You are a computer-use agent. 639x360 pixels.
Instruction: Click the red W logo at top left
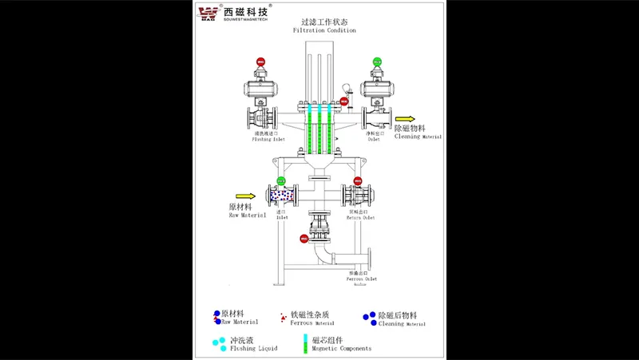(x=209, y=13)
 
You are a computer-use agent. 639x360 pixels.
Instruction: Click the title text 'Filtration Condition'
(x=324, y=30)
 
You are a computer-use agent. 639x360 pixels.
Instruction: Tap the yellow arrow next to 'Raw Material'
(x=246, y=196)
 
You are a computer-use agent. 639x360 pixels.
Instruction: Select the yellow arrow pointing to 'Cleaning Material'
(x=404, y=119)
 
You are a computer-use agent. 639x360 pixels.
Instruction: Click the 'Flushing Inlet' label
(x=268, y=139)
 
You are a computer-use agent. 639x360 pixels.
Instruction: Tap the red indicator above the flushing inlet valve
(x=260, y=62)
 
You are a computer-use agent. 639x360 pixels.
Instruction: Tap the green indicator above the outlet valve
(x=377, y=62)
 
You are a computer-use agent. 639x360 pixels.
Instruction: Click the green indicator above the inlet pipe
(x=280, y=181)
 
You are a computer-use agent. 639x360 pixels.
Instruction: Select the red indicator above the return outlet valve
(x=357, y=181)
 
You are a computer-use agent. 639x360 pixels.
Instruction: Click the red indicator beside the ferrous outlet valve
(x=304, y=238)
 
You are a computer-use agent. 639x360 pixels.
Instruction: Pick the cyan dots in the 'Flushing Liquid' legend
(x=217, y=343)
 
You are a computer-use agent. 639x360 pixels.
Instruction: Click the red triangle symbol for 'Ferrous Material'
(x=283, y=318)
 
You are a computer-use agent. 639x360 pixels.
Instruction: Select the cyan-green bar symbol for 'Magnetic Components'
(x=305, y=344)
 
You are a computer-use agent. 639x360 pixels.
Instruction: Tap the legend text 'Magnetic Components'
(x=341, y=349)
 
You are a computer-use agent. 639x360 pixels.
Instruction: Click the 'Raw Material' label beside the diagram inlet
(x=240, y=211)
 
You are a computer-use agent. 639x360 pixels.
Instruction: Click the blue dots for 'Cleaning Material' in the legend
(x=368, y=317)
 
